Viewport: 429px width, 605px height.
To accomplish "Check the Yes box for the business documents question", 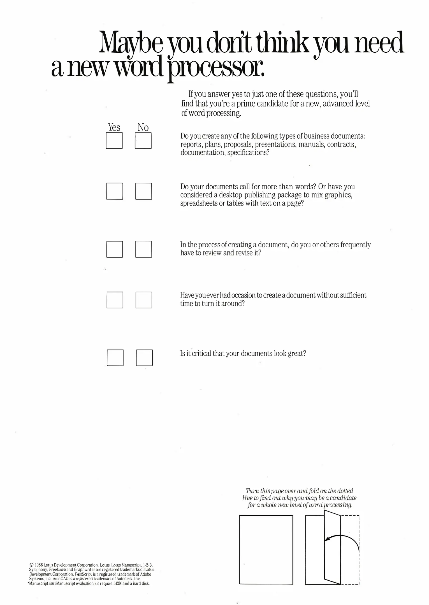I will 114,141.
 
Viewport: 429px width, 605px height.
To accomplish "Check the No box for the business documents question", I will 143,141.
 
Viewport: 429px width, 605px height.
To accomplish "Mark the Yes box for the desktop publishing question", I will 115,191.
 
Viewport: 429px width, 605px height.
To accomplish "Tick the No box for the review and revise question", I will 143,249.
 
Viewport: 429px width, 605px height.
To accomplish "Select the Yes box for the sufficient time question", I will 115,300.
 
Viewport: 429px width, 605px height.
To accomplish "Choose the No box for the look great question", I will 144,358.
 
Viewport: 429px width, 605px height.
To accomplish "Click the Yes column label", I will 114,127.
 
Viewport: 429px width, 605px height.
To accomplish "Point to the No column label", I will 143,128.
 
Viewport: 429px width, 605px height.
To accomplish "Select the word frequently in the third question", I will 355,245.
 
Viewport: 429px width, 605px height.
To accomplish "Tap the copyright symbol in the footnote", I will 31,565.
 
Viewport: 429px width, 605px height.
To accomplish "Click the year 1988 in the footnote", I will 39,565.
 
